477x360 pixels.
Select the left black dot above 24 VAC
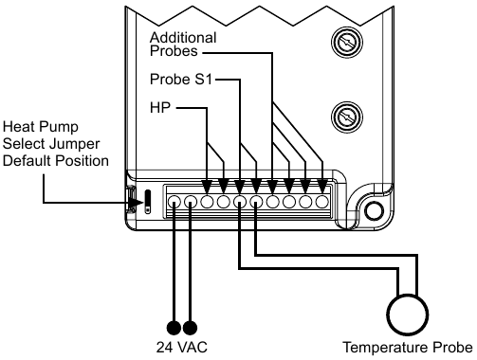click(173, 328)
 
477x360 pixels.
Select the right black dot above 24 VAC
click(190, 328)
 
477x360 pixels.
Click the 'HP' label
click(160, 109)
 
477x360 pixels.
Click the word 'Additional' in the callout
click(183, 37)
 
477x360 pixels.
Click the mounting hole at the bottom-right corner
click(375, 210)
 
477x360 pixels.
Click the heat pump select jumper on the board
click(147, 200)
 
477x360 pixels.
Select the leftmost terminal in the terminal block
click(174, 201)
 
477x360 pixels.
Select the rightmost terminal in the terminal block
click(322, 201)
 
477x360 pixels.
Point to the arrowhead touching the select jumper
click(129, 201)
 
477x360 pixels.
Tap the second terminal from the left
click(190, 201)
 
